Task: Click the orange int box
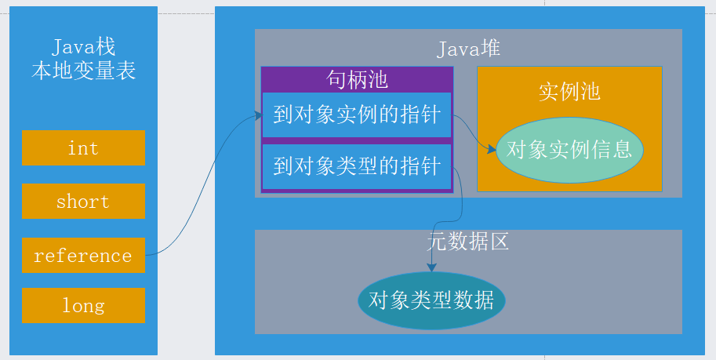point(83,148)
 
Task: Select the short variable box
point(83,202)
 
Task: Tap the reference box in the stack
point(83,256)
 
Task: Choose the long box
point(83,305)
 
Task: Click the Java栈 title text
point(83,47)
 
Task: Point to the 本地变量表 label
point(83,71)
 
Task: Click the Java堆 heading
point(468,49)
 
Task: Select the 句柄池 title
point(357,79)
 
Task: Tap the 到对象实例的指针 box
point(357,115)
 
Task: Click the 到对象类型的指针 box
point(357,166)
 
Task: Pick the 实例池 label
point(569,92)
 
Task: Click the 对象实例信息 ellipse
point(569,150)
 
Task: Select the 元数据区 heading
point(468,242)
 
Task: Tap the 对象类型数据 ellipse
point(431,300)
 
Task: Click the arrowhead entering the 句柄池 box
point(258,116)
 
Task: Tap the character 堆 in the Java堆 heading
point(491,49)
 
